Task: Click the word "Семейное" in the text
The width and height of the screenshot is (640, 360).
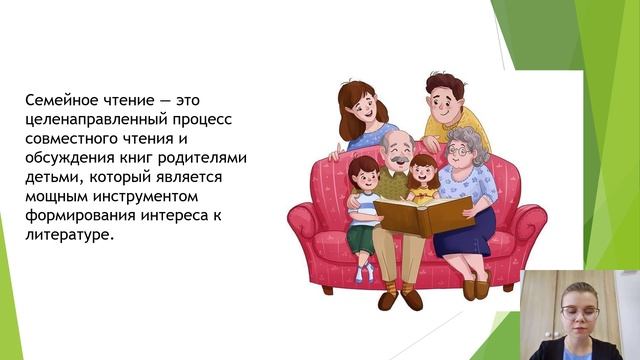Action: pos(62,101)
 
